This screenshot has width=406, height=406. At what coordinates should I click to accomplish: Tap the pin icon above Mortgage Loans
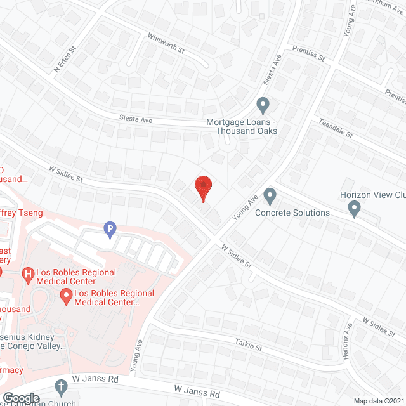coord(263,104)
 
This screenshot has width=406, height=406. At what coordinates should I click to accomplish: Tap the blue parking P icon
coord(110,229)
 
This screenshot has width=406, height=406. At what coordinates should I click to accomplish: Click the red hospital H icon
coord(27,275)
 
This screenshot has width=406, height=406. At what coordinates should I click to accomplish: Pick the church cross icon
coord(61,386)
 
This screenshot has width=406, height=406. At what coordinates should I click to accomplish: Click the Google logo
coord(21,398)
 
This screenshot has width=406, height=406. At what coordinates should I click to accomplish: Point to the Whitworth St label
coord(166,43)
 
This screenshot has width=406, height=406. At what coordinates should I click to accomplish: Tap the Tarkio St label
coord(249,347)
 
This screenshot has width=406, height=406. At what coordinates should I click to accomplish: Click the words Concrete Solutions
coord(292,213)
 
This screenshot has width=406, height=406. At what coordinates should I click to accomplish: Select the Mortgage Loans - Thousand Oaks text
coord(242,126)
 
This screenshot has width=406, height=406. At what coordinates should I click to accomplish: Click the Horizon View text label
coord(372,196)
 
